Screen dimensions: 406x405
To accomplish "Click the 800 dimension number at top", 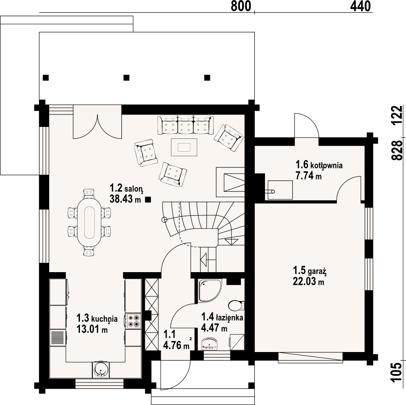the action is [x=241, y=6].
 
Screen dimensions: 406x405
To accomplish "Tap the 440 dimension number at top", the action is [x=360, y=6].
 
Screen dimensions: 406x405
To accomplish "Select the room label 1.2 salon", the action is [x=127, y=188].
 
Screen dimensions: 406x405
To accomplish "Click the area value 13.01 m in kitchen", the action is [x=92, y=329].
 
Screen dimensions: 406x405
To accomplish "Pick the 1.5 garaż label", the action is [x=310, y=271].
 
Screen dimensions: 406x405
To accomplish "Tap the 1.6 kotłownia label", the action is [x=319, y=165].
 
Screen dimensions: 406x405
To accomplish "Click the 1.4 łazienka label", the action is [x=222, y=317].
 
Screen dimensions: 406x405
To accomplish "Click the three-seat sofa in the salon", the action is [x=185, y=125].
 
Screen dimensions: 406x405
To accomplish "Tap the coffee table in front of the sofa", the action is [x=184, y=147].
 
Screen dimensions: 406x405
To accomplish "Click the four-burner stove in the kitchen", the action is [x=133, y=321].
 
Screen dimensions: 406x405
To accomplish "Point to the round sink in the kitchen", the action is [x=100, y=369].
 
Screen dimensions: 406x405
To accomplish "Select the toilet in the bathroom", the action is [x=236, y=305].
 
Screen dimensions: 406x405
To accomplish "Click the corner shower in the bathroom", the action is [x=210, y=290].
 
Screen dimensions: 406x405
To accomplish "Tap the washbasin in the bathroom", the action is [x=210, y=343].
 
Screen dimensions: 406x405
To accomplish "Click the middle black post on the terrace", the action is [x=127, y=78].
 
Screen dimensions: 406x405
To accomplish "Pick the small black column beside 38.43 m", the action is [x=148, y=200].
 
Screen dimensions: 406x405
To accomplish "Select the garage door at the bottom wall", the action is [x=311, y=357].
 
